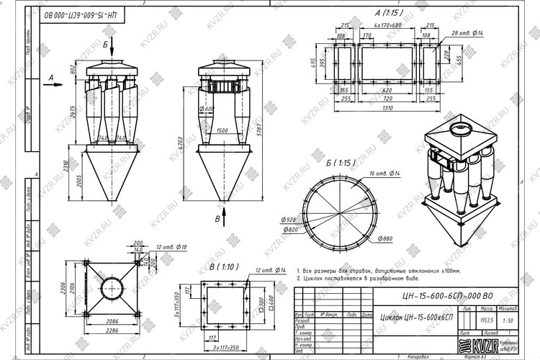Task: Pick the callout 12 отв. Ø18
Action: click(171, 248)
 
